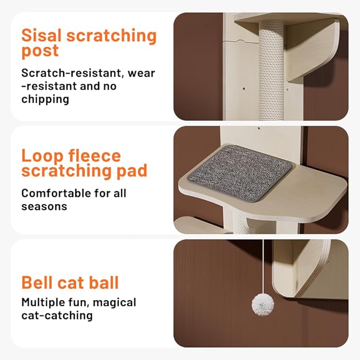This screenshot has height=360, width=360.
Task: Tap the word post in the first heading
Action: (x=40, y=52)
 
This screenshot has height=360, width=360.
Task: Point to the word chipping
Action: (x=46, y=99)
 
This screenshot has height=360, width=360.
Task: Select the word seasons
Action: (x=44, y=206)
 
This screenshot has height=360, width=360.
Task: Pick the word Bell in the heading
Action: (x=37, y=283)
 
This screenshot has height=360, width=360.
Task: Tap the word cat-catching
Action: (x=57, y=316)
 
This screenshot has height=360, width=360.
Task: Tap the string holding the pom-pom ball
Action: (x=264, y=265)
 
